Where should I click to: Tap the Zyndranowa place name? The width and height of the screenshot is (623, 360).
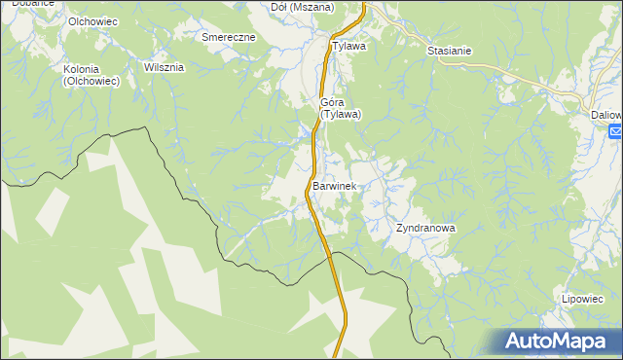click(425, 229)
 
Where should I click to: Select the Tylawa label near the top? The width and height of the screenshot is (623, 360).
click(348, 46)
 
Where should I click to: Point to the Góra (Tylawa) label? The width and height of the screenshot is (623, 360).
click(341, 107)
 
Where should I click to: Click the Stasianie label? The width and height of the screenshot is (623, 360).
click(449, 50)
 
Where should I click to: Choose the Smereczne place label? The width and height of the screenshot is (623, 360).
click(228, 37)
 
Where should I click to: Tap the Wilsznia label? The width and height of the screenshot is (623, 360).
click(164, 68)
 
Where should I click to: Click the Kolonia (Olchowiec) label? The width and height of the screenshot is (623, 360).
click(90, 76)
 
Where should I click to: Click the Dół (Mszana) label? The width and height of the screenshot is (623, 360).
click(302, 7)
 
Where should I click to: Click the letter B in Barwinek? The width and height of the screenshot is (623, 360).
click(316, 185)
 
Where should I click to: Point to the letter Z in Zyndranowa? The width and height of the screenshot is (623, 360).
click(399, 229)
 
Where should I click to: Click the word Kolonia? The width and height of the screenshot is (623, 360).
click(83, 69)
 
